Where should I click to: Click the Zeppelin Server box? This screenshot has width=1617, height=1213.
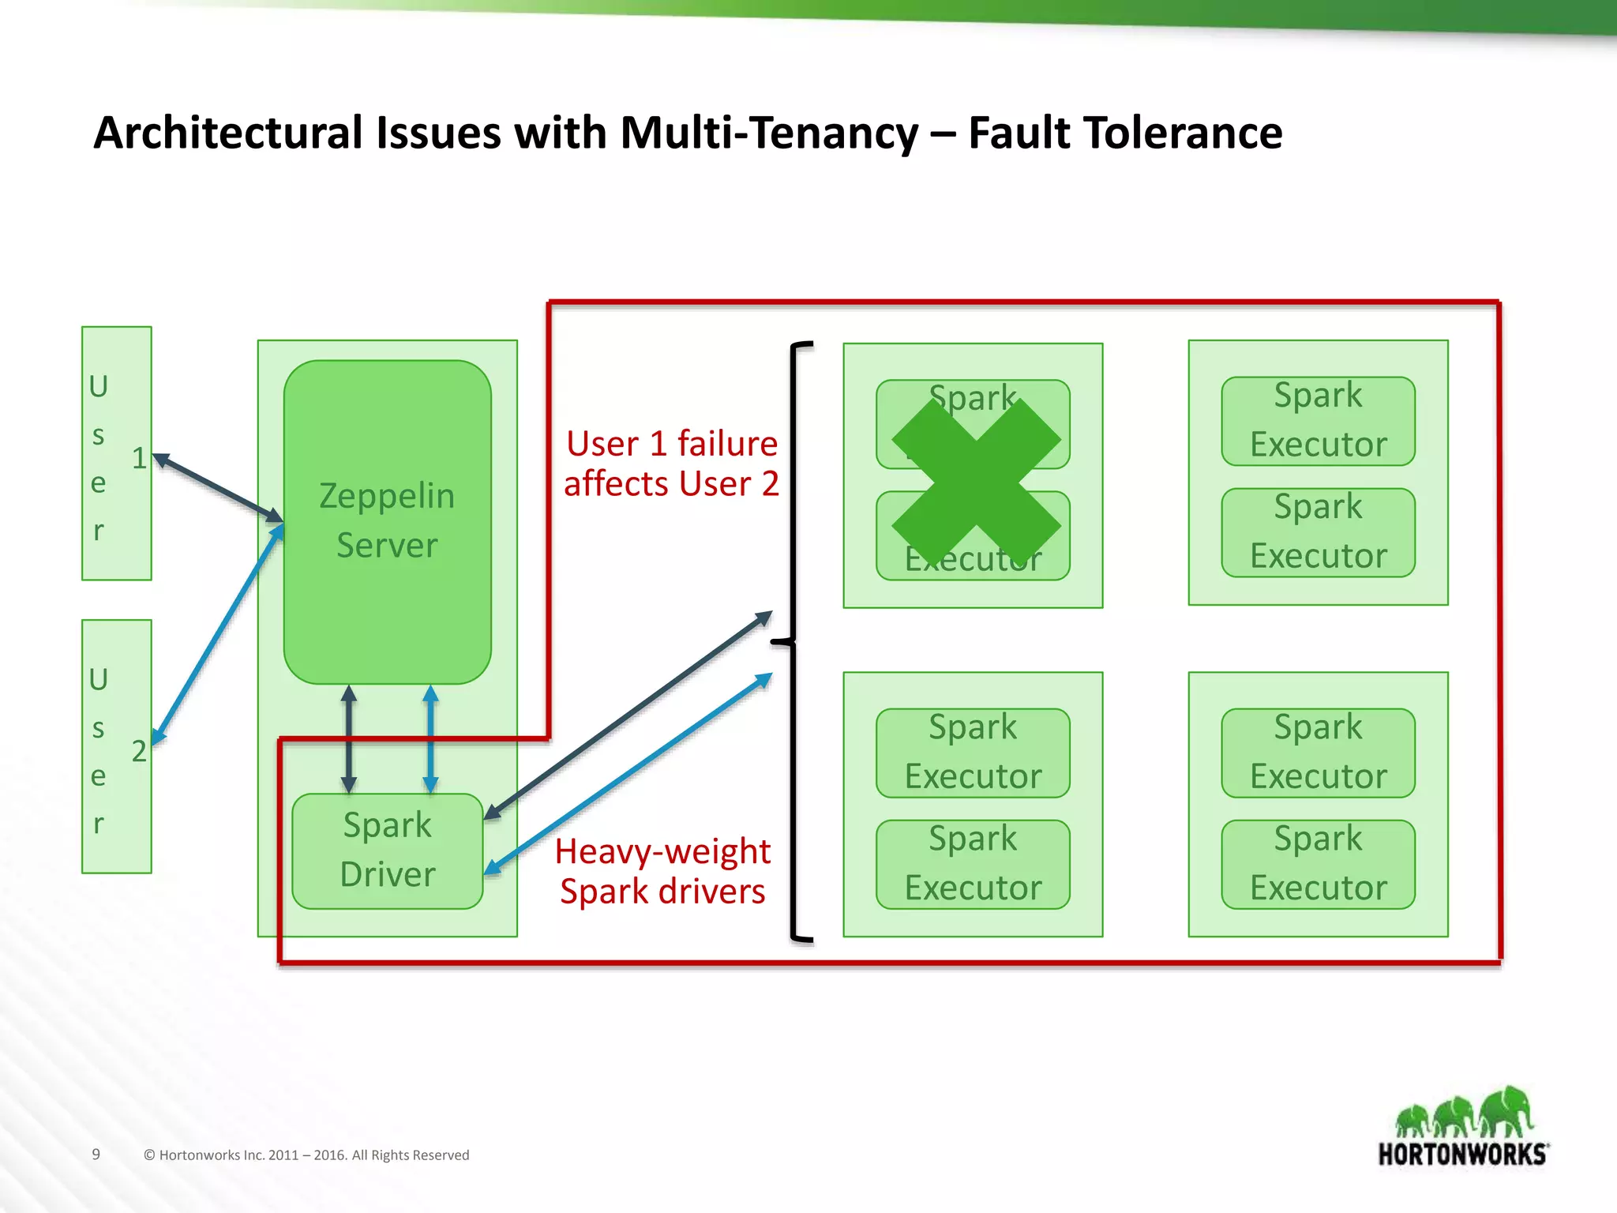(x=387, y=521)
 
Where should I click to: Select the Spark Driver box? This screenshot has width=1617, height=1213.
(x=387, y=851)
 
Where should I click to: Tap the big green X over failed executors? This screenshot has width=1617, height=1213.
(x=976, y=482)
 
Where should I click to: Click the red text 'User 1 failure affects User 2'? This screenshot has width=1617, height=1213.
(x=671, y=464)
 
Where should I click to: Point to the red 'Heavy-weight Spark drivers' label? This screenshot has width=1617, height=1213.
(x=662, y=871)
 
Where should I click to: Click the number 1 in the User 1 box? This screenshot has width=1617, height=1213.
(x=139, y=458)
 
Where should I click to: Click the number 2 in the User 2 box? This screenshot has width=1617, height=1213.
(x=139, y=751)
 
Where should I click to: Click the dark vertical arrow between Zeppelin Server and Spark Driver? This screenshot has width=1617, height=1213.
(x=349, y=739)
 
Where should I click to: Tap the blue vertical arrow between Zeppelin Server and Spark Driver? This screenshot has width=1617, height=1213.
(x=430, y=739)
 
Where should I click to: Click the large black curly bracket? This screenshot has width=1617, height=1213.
(x=793, y=641)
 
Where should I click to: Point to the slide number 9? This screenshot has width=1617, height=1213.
(x=96, y=1154)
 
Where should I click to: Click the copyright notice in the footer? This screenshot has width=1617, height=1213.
(x=306, y=1155)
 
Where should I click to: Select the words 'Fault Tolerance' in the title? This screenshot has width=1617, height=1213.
(x=1124, y=133)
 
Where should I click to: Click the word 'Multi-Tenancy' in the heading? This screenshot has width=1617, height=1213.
(x=769, y=133)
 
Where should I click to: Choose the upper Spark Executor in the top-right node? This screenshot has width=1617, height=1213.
(x=1318, y=420)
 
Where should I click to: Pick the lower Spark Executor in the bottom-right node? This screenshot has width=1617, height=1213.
(x=1318, y=864)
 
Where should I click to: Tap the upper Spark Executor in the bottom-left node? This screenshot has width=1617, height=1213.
(x=973, y=753)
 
